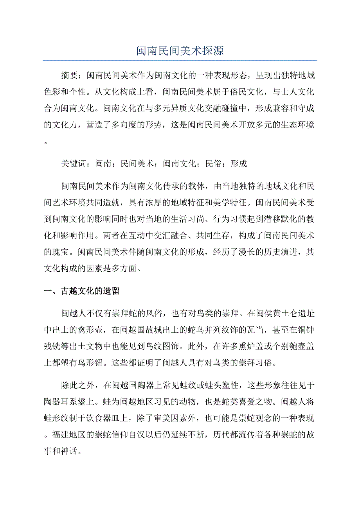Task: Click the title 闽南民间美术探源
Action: coord(180,51)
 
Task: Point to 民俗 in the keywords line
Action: coord(213,163)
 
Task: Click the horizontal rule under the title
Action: coord(180,60)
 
